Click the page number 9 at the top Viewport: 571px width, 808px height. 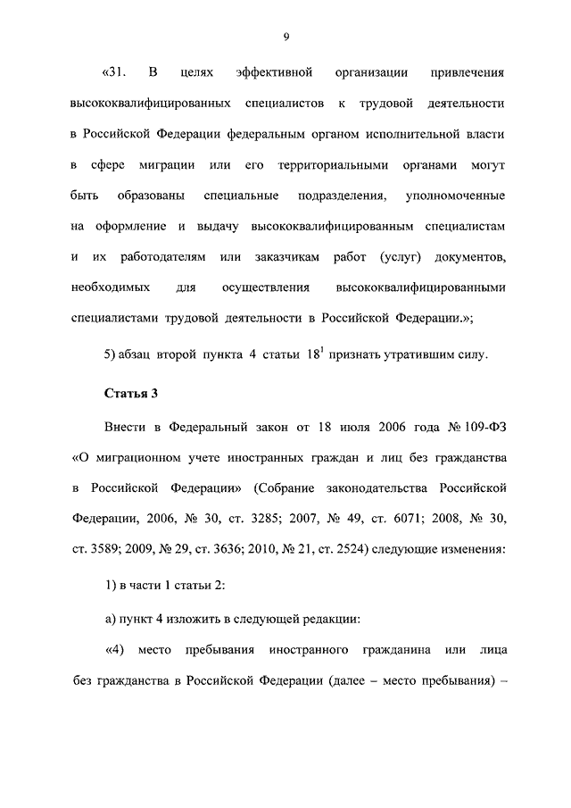pyautogui.click(x=285, y=37)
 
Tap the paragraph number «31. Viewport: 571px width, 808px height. pyautogui.click(x=117, y=71)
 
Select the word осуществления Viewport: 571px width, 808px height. pyautogui.click(x=265, y=288)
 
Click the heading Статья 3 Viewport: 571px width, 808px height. pyautogui.click(x=131, y=394)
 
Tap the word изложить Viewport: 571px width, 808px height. pyautogui.click(x=191, y=615)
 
